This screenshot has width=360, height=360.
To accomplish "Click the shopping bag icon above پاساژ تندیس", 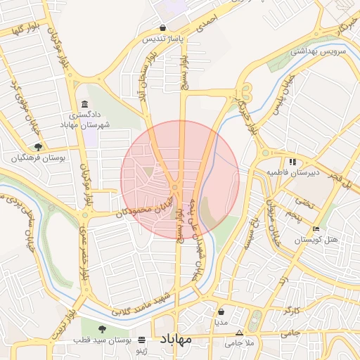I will coord(163,29).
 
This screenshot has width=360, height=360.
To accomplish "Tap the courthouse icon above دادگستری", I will coord(84,104).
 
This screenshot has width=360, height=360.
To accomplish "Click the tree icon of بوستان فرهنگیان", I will coord(38,147).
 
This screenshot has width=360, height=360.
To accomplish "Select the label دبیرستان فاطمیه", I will coord(290,172).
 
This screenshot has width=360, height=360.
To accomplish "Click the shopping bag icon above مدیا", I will coord(222,311).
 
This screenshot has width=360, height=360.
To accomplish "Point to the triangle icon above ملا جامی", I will coord(240,333).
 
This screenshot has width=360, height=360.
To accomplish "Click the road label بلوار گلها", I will coord(20,30).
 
